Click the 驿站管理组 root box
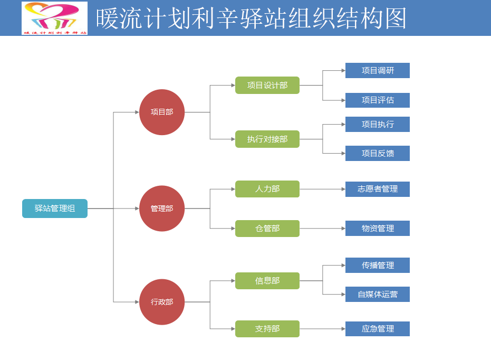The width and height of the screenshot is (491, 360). [55, 209]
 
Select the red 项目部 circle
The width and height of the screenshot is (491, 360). [162, 112]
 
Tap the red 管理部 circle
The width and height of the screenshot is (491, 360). [162, 209]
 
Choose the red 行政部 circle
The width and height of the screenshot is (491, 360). [162, 302]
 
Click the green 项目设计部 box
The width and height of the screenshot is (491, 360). [267, 85]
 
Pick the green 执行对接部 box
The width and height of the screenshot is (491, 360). [267, 139]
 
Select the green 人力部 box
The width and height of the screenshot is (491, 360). [267, 189]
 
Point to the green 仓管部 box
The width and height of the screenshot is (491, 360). [267, 229]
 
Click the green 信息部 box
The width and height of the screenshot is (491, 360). [267, 281]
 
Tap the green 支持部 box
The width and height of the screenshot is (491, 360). [267, 329]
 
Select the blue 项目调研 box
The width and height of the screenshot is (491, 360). [378, 71]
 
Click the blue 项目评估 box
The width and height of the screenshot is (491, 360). [378, 100]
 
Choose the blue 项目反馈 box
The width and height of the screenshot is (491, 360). [378, 154]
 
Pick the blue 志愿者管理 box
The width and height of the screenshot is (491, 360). [378, 189]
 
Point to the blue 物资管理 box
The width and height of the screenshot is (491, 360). [378, 229]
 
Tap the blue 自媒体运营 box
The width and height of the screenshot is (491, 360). [378, 295]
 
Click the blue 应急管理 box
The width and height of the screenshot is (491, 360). [378, 329]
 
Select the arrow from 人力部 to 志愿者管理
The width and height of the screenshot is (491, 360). [322, 189]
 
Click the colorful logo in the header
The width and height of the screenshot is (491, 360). [55, 18]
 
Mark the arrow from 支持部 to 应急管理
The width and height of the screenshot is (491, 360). [322, 329]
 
